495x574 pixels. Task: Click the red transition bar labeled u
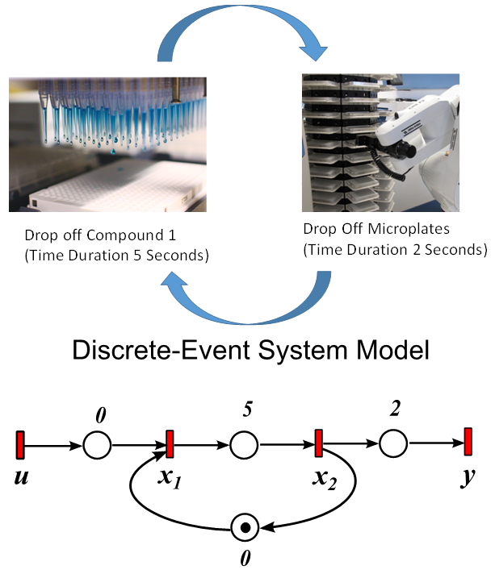click(21, 443)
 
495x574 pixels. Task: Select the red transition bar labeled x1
click(170, 443)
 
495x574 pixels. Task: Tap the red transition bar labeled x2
click(318, 443)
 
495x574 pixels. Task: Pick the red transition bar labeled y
click(468, 443)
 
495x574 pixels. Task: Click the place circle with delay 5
click(244, 444)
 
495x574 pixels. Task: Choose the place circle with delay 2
click(393, 444)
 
